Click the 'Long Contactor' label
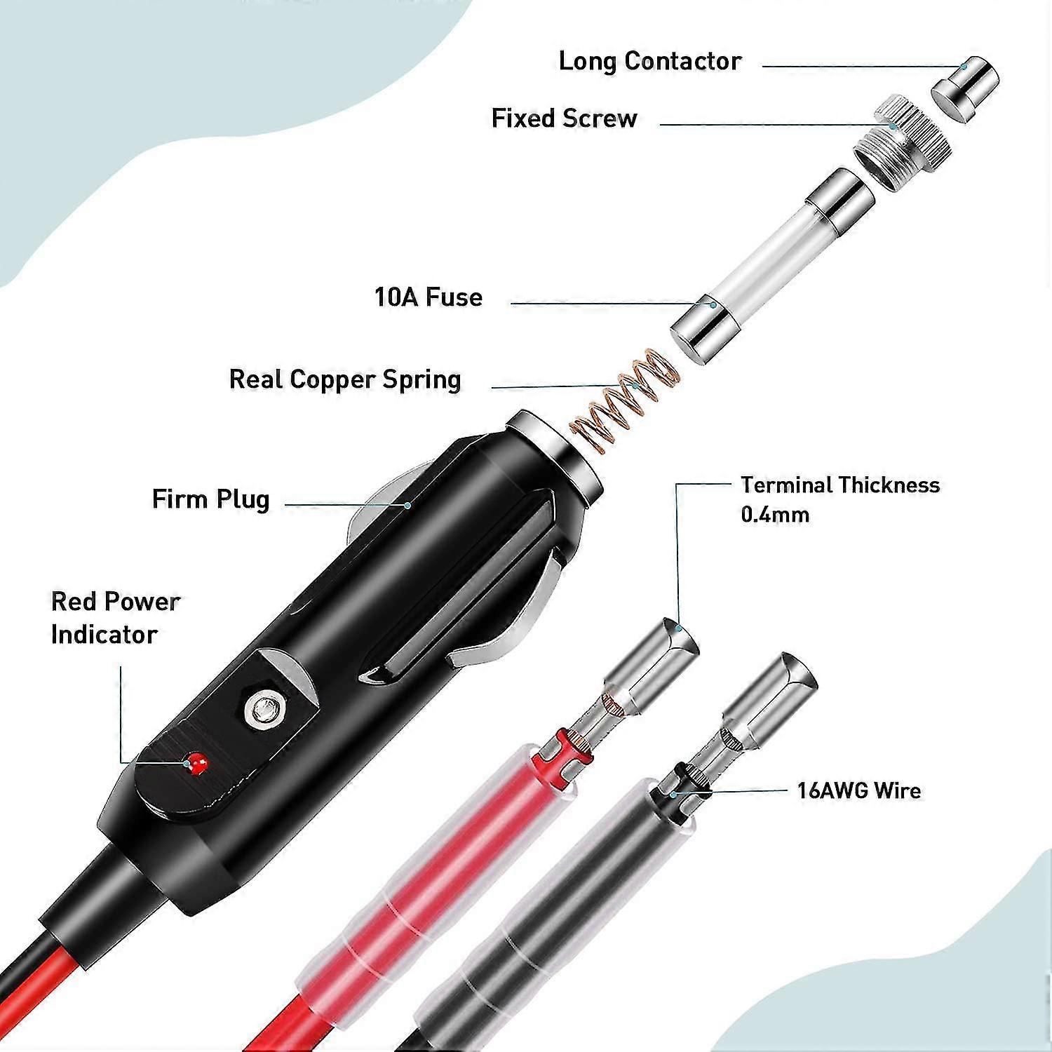pyautogui.click(x=649, y=62)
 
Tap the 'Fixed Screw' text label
pyautogui.click(x=564, y=119)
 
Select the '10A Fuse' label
pyautogui.click(x=429, y=297)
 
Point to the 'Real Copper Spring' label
pyautogui.click(x=345, y=380)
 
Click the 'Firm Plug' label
pyautogui.click(x=210, y=500)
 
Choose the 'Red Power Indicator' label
pyautogui.click(x=115, y=618)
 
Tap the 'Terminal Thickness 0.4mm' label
pyautogui.click(x=839, y=499)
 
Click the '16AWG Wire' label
pyautogui.click(x=858, y=791)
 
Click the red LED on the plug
pyautogui.click(x=196, y=762)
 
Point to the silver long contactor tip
pyautogui.click(x=964, y=90)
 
